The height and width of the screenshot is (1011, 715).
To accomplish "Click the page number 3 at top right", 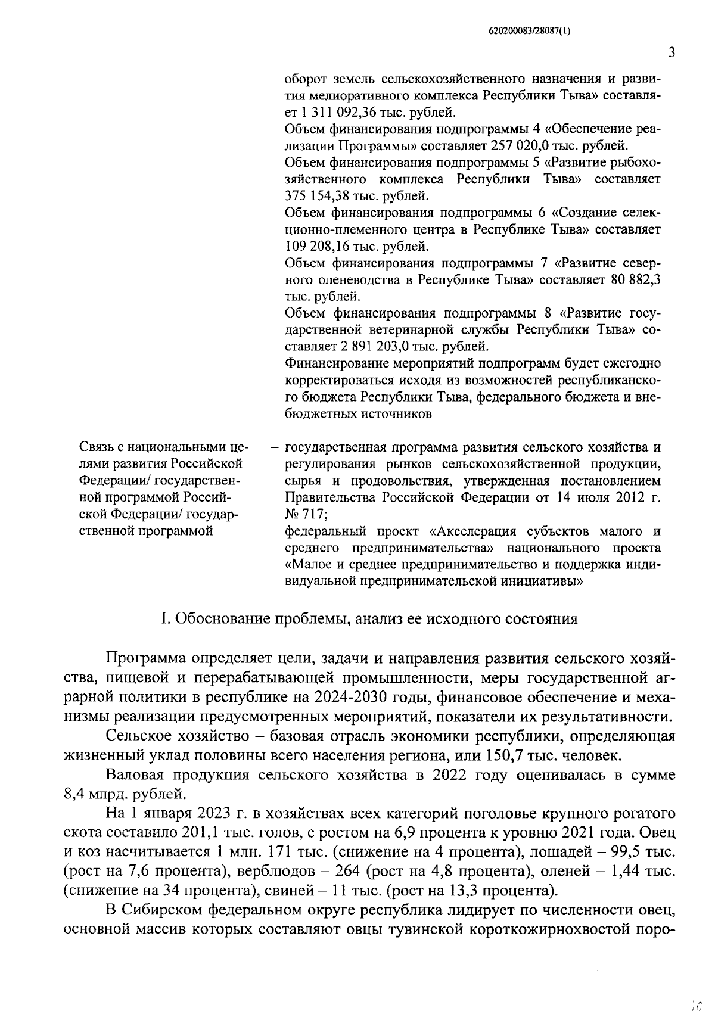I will (672, 52).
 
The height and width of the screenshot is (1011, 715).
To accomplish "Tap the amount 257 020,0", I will (527, 145).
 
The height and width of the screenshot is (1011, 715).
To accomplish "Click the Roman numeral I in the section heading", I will (164, 619).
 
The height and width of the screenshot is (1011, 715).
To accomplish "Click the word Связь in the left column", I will (98, 447).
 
